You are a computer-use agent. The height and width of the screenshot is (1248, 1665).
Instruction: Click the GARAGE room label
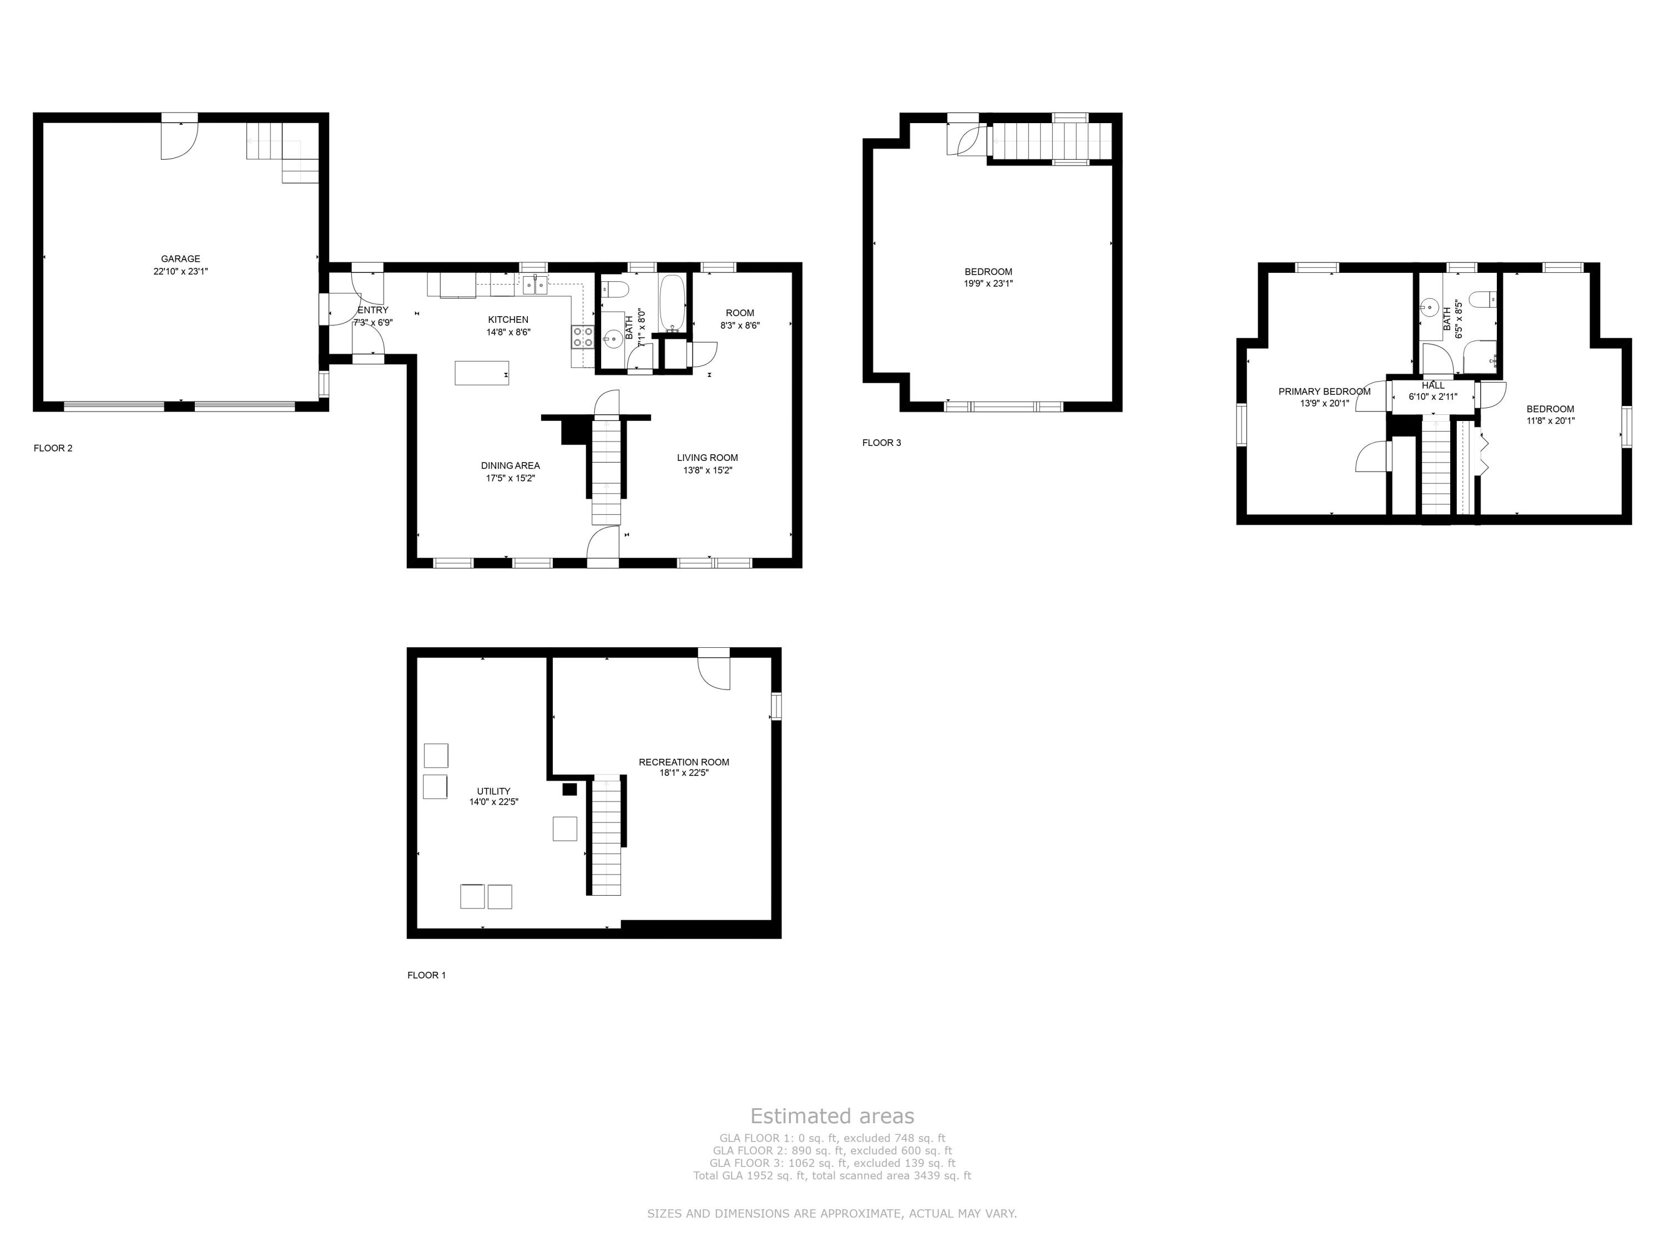[x=180, y=259]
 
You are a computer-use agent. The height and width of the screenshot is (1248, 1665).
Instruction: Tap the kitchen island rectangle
[x=482, y=373]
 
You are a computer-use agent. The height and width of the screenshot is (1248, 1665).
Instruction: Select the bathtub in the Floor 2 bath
[x=673, y=304]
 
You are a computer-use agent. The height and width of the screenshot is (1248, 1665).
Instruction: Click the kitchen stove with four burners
[x=583, y=336]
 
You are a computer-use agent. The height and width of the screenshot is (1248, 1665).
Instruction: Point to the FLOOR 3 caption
[x=881, y=442]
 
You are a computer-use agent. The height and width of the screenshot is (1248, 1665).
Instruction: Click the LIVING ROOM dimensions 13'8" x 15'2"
[x=708, y=470]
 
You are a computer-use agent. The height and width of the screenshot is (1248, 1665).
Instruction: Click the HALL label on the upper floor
[x=1433, y=385]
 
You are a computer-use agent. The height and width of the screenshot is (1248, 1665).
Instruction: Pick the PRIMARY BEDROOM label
[x=1325, y=391]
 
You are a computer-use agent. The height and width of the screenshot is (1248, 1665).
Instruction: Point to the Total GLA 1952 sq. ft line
[x=832, y=1175]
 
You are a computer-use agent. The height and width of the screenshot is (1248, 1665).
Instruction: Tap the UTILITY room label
[x=494, y=790]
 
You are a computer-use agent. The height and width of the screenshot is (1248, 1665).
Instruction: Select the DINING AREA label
[x=511, y=466]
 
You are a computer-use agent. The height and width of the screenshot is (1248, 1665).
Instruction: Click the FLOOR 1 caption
[x=427, y=975]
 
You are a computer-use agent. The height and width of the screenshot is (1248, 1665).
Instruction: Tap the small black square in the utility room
[x=570, y=789]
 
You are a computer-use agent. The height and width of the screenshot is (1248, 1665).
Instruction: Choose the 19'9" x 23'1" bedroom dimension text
[x=988, y=283]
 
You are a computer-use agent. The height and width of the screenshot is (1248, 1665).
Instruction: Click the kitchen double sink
[x=535, y=286]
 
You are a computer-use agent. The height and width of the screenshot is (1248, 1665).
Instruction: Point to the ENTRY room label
[x=374, y=310]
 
